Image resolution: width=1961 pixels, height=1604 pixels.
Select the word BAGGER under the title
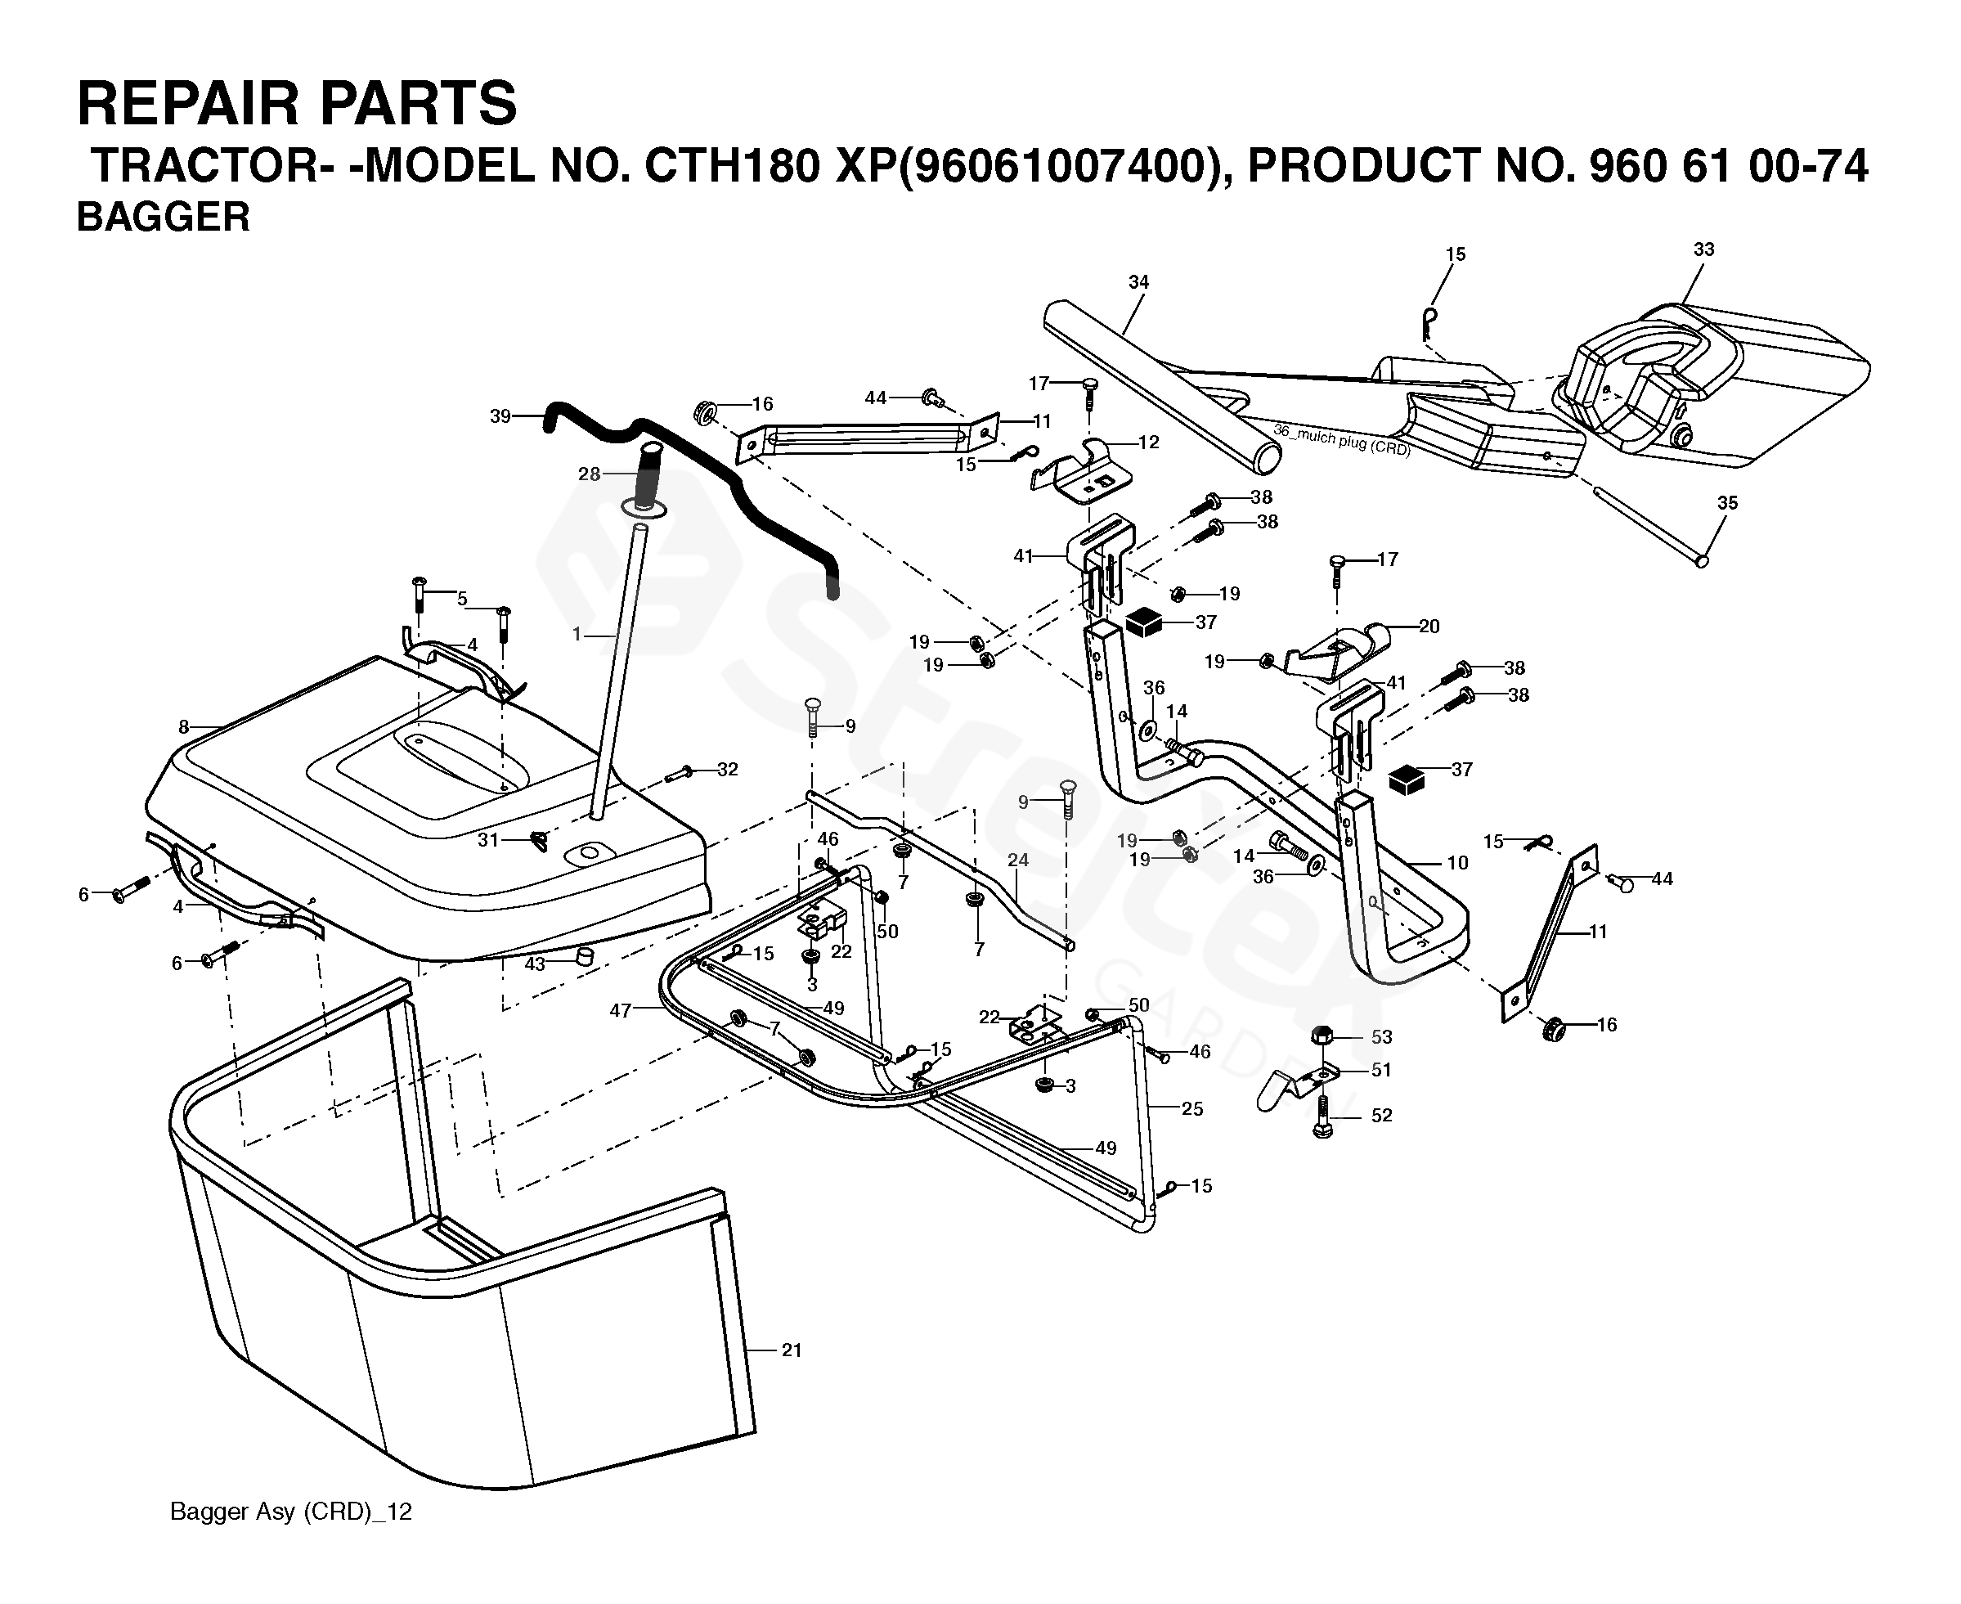163,217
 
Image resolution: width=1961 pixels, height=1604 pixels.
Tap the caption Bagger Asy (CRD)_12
291,1512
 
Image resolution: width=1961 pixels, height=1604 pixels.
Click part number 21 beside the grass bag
792,1350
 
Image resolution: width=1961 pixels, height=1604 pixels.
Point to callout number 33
1704,249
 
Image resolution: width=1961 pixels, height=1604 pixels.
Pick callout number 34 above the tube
1139,282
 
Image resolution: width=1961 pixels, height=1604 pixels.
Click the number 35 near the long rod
1727,503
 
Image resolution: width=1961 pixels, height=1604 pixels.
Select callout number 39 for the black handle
500,416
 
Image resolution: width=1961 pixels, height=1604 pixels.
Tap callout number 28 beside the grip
590,474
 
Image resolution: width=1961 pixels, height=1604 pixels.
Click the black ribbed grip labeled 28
648,472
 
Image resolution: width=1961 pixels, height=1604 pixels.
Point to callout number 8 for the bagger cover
184,727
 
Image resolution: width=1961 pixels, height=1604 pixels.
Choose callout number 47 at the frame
620,1011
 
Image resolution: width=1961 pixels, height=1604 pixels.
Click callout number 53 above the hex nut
1381,1036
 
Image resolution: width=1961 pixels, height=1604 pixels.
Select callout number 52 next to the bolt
1381,1115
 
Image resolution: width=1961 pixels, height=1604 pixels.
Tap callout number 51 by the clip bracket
1381,1069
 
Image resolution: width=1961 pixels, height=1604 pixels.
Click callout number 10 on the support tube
1457,862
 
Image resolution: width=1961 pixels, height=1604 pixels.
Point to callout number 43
535,964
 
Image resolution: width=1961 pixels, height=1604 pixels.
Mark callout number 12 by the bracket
1148,443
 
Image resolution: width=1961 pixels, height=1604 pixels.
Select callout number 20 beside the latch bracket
1429,627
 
